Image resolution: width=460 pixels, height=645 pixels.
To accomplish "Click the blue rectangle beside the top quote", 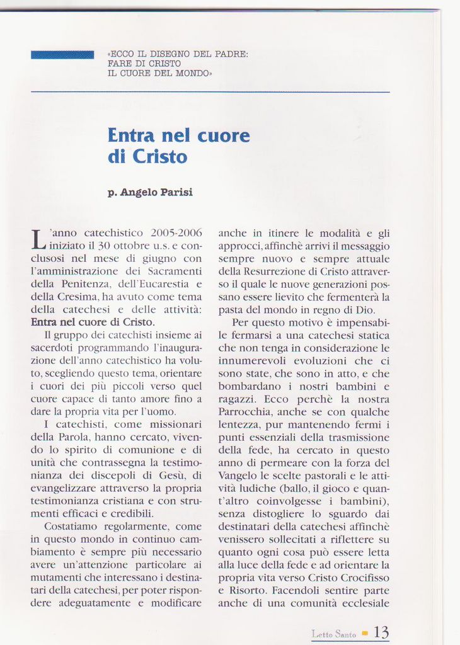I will pyautogui.click(x=62, y=55).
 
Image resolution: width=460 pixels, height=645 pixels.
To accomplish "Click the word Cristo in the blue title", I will pyautogui.click(x=160, y=156).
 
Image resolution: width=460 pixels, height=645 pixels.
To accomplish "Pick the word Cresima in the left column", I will pyautogui.click(x=78, y=296).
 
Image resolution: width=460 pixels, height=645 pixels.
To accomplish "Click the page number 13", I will pyautogui.click(x=382, y=632).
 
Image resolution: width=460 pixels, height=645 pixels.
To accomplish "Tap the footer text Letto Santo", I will pyautogui.click(x=334, y=634).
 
